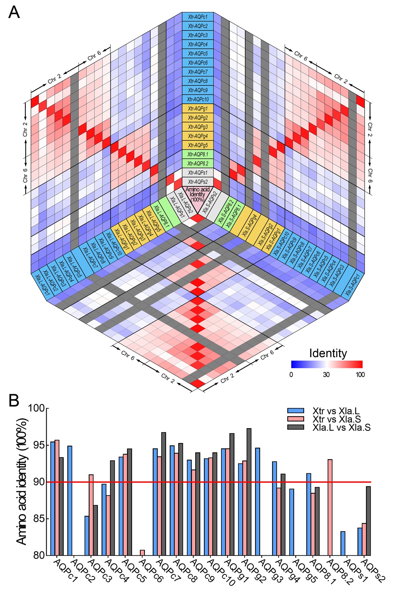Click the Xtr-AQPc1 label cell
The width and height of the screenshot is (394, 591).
point(198,17)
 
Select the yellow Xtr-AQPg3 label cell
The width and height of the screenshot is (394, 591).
point(198,127)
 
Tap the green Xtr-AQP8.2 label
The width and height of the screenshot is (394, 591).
point(198,163)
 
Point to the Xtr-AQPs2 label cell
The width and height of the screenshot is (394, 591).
point(198,182)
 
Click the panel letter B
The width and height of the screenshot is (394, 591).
point(14,401)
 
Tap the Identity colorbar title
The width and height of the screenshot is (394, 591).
point(328,353)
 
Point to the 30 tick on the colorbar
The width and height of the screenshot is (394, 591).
point(326,375)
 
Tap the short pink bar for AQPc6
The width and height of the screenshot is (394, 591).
point(142,553)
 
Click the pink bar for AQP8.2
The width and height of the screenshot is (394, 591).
point(330,507)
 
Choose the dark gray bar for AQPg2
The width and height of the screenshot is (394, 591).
point(249,492)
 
